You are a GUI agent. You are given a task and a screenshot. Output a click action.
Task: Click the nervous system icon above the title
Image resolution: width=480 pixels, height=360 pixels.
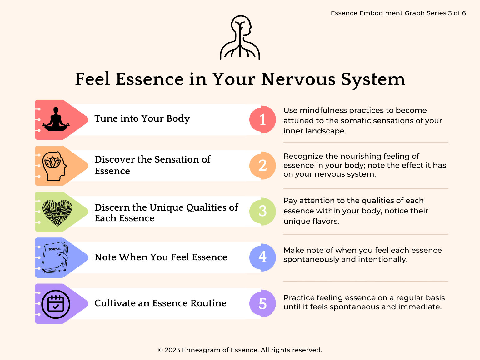(240, 37)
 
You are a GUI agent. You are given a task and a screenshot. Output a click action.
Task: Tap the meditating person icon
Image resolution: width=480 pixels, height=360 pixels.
(56, 120)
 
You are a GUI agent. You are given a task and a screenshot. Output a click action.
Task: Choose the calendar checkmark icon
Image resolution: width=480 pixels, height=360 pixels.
(56, 304)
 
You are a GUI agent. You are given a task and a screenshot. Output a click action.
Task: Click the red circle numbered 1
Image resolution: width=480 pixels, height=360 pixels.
(262, 120)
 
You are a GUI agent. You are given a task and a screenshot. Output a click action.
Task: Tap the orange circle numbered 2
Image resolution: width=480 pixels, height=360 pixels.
(262, 166)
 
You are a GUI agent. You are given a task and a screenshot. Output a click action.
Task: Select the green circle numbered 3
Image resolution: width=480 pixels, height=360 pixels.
(262, 211)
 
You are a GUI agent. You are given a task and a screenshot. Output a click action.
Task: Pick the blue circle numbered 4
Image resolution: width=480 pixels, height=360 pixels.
(262, 257)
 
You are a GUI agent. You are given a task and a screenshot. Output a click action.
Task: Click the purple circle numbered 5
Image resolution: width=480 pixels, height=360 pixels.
(262, 303)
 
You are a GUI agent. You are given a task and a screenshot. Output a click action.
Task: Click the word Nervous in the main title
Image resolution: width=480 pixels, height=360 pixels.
(298, 79)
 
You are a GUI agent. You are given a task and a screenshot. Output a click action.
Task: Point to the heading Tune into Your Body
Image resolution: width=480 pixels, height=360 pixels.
(142, 119)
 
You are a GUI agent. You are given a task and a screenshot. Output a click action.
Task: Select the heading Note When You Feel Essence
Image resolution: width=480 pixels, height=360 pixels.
(161, 257)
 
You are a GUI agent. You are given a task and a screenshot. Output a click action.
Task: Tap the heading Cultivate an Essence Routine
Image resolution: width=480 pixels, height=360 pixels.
(160, 303)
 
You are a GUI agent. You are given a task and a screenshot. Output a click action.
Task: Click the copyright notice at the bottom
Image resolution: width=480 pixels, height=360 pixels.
(240, 350)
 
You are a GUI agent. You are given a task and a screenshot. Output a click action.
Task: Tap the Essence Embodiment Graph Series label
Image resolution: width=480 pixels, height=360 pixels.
(398, 13)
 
